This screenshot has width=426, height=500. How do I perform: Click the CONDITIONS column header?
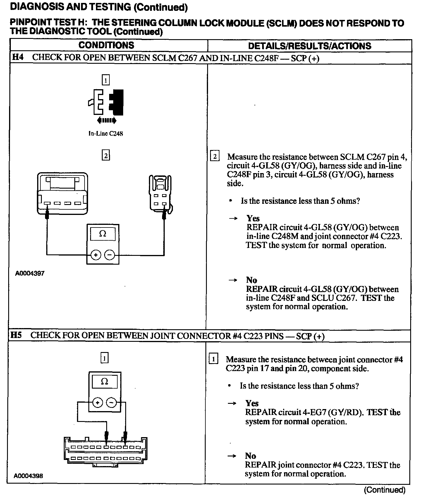point(106,45)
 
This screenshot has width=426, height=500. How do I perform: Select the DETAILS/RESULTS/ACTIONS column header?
point(309,46)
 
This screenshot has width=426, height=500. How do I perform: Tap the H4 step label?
point(18,57)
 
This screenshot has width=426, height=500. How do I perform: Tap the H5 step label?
point(16,335)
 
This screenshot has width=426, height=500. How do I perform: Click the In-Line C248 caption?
point(106,134)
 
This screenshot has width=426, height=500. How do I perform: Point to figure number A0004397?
point(30,274)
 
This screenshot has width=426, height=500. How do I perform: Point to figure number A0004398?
point(28,476)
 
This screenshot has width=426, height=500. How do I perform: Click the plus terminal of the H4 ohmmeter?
point(96,255)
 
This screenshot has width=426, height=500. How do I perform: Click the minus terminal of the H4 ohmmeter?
point(109,255)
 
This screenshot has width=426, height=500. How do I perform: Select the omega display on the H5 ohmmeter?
point(104,382)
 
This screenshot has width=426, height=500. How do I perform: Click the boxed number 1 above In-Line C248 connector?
point(106,80)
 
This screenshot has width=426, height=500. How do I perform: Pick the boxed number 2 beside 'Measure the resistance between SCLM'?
point(215,157)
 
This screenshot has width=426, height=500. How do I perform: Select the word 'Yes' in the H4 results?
point(253,218)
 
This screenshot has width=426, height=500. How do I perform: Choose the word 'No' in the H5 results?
point(250,456)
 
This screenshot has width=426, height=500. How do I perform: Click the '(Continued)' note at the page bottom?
point(384,490)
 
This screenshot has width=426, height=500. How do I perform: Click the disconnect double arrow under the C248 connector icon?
point(106,120)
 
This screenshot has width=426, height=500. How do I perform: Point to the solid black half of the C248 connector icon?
point(117,102)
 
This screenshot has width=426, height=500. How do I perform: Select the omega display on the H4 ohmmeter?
point(103,234)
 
